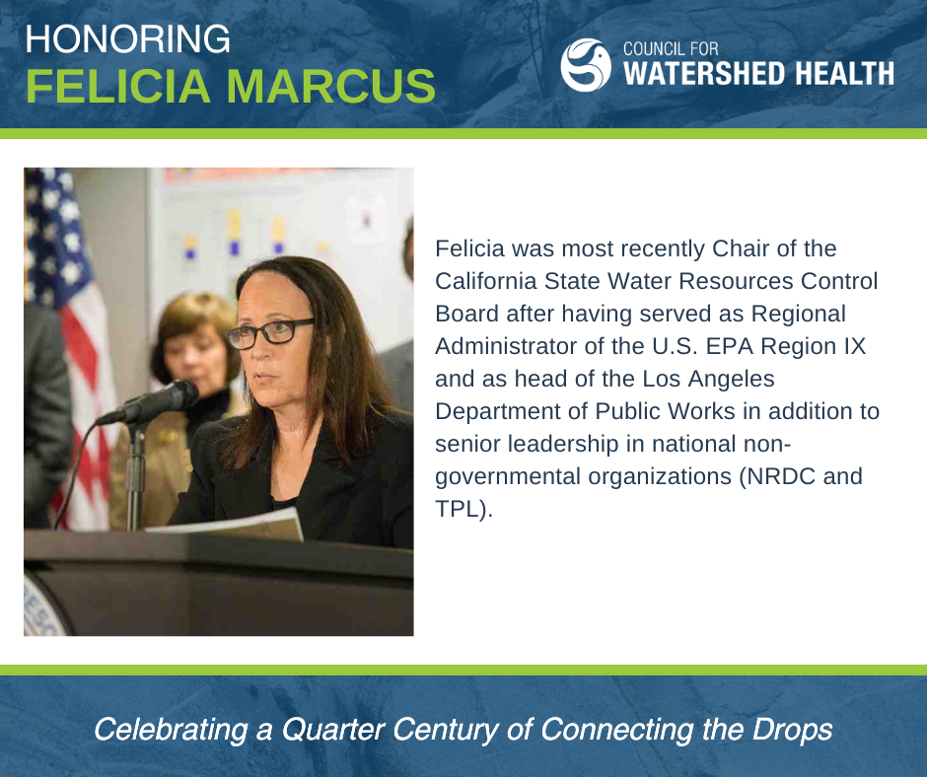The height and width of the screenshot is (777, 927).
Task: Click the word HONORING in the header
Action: (x=128, y=39)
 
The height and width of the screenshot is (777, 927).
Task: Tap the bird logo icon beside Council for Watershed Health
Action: (x=586, y=64)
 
